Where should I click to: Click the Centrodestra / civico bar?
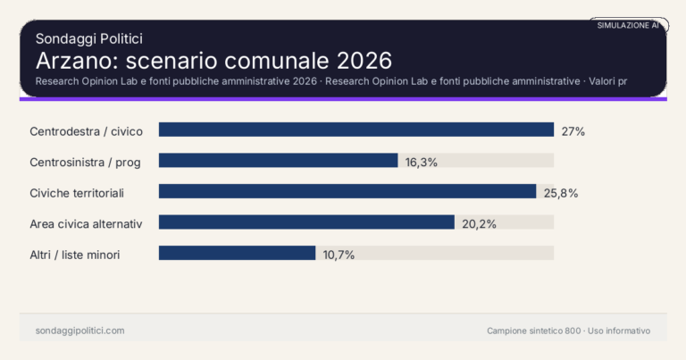(356, 130)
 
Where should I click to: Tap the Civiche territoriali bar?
(347, 192)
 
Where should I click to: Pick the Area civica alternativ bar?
(306, 222)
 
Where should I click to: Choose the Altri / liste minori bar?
(237, 254)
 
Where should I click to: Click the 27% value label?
(573, 131)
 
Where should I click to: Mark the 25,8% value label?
(559, 193)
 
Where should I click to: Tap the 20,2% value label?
(479, 223)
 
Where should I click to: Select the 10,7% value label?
(339, 255)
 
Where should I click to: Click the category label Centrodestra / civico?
(86, 131)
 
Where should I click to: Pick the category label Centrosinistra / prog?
(86, 162)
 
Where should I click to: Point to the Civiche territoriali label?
(77, 193)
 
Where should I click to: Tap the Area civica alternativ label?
(87, 223)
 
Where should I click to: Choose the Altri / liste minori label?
(75, 255)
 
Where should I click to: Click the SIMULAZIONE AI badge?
(628, 25)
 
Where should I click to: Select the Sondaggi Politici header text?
(89, 38)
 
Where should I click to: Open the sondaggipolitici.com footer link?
(79, 331)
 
